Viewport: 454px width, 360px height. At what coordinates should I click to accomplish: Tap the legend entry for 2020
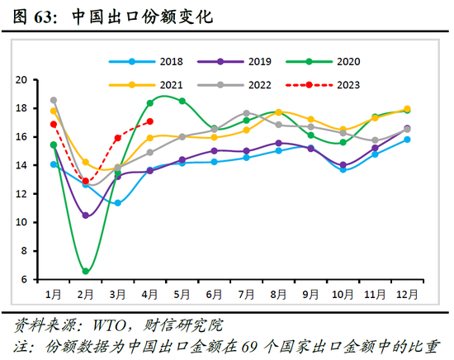(335, 61)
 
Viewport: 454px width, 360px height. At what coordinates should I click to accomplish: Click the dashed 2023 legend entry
(335, 84)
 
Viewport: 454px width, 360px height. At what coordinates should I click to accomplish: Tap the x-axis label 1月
(53, 295)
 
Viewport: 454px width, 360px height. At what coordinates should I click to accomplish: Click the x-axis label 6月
(215, 295)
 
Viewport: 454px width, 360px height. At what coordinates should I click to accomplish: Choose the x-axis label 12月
(407, 295)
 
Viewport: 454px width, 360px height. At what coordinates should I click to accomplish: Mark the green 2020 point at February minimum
(85, 271)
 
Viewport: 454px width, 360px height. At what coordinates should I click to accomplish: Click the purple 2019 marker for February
(85, 216)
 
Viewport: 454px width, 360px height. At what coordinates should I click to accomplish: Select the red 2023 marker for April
(149, 121)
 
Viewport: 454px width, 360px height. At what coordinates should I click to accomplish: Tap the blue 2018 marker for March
(117, 203)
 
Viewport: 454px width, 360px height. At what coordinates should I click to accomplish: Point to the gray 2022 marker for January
(54, 100)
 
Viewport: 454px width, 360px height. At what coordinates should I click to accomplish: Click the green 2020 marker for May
(182, 101)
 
